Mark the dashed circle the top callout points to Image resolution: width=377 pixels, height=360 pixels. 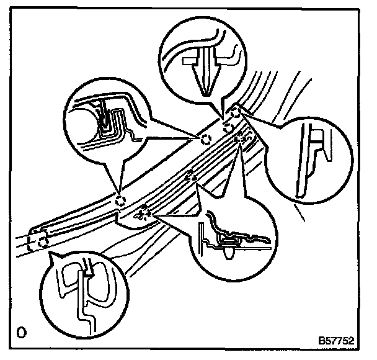point(228,128)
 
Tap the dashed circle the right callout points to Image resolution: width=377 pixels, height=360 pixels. point(236,112)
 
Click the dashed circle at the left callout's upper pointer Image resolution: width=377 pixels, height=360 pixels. point(205,137)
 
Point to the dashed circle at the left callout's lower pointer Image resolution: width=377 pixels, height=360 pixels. point(121,200)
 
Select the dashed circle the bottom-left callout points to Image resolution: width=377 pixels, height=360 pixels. point(38,241)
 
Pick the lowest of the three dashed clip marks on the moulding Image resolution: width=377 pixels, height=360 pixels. point(144,213)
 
